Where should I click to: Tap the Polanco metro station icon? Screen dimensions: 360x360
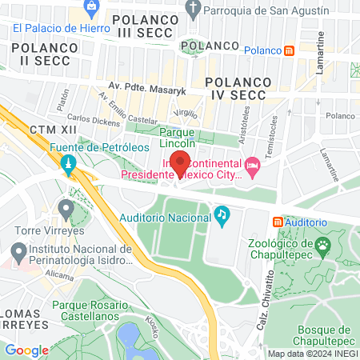point(290,50)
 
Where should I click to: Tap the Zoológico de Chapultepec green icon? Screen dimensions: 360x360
point(323,244)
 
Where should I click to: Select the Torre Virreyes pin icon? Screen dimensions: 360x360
point(66,210)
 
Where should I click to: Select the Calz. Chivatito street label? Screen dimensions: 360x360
point(270,287)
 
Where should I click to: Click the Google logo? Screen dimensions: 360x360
point(27,350)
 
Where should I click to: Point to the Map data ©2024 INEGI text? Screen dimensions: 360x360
point(311,354)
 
